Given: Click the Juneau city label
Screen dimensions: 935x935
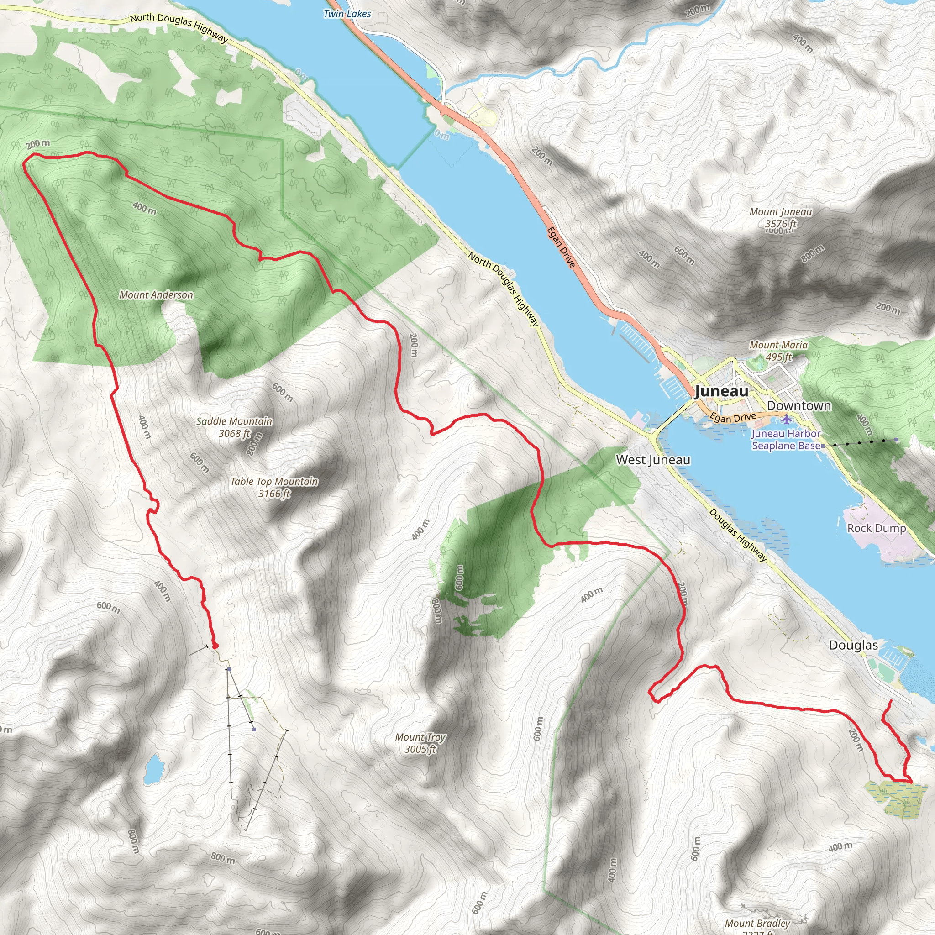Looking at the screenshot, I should tap(721, 391).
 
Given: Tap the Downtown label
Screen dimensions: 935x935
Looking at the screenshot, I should tap(799, 405).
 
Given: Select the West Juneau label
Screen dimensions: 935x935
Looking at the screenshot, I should tap(653, 460).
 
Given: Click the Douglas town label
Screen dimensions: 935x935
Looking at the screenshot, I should tap(853, 645).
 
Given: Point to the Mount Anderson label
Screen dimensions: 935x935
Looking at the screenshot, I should tap(156, 295).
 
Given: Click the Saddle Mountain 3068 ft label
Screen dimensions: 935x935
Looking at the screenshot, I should tap(234, 427).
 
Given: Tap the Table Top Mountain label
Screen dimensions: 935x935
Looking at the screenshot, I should tap(274, 487).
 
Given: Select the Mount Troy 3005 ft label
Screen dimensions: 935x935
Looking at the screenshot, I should tap(420, 743).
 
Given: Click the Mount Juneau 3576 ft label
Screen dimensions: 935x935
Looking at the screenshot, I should tap(781, 217).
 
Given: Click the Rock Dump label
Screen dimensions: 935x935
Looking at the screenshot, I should tap(877, 528).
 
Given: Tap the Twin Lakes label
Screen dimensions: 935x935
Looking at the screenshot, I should tap(347, 14).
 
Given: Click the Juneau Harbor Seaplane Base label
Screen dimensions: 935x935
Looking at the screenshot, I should tap(786, 440).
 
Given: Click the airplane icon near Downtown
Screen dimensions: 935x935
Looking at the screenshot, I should tap(787, 419).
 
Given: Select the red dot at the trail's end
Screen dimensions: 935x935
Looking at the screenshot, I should tap(215, 646).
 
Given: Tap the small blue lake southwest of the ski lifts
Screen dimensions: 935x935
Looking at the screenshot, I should tap(154, 769).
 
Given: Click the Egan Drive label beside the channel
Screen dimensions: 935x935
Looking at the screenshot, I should tap(562, 247).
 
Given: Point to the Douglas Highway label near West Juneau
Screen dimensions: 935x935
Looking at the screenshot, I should tap(738, 535).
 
